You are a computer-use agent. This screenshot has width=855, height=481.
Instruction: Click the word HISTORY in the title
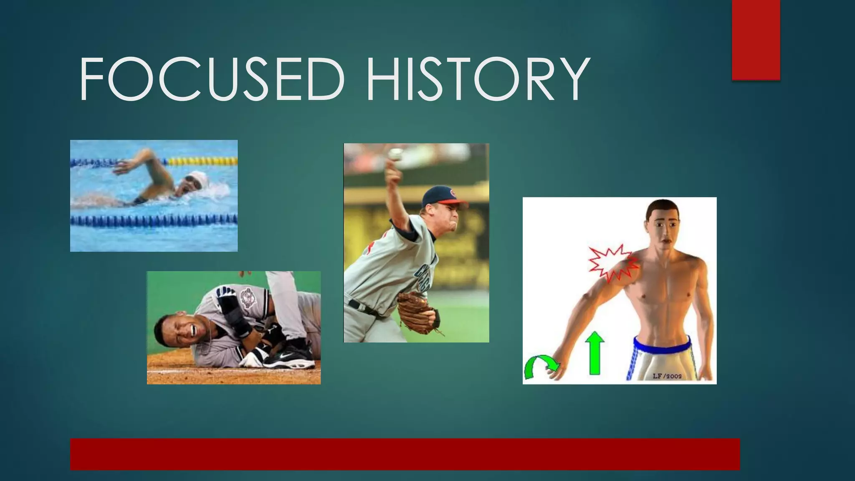pyautogui.click(x=478, y=79)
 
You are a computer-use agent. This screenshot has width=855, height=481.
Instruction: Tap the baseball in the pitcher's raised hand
pyautogui.click(x=395, y=154)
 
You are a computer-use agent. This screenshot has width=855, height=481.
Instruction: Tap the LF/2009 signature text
pyautogui.click(x=667, y=376)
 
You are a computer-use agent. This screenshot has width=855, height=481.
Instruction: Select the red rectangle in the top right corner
pyautogui.click(x=756, y=40)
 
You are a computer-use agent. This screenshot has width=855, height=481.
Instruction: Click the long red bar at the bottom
pyautogui.click(x=405, y=454)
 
